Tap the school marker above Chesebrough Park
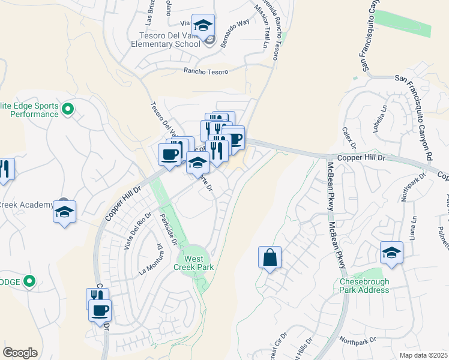pos(391,252)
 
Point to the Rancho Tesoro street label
pos(206,72)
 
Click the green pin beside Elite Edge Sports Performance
pos(68,109)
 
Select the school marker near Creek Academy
pos(64,212)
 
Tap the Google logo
pos(20,352)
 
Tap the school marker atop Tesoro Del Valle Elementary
pos(203,26)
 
